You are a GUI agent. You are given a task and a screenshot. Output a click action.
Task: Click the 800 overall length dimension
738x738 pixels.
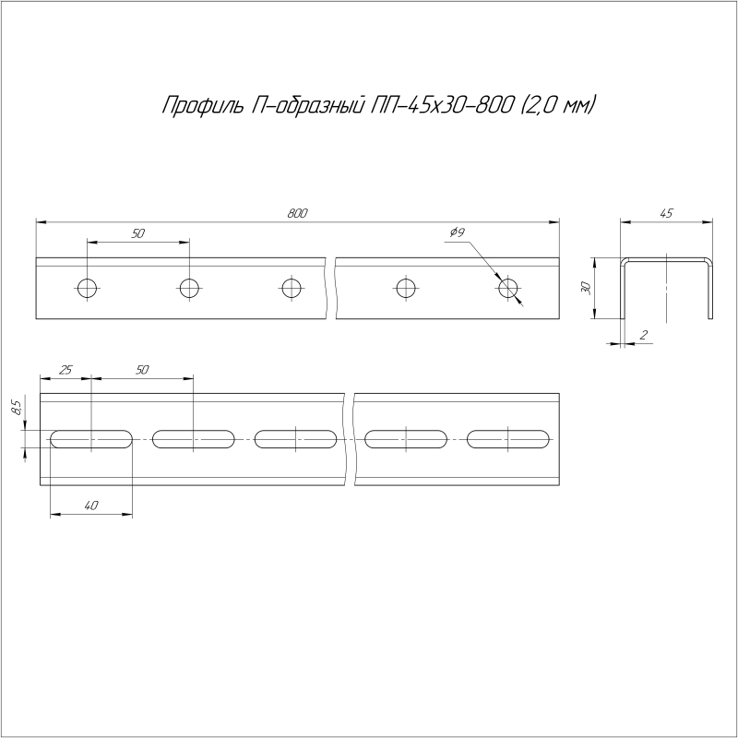296,213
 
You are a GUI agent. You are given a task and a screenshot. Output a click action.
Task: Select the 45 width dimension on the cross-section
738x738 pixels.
667,213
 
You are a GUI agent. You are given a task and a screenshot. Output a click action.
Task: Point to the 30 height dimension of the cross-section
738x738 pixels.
585,288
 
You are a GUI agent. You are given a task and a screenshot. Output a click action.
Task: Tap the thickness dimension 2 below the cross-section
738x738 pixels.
640,335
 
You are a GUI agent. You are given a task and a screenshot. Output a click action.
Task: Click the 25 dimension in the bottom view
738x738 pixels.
65,370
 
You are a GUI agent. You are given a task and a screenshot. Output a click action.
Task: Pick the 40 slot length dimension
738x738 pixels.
90,505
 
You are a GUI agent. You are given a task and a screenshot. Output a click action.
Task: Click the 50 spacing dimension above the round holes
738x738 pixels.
138,234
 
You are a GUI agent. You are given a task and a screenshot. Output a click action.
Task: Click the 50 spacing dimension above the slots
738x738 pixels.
142,370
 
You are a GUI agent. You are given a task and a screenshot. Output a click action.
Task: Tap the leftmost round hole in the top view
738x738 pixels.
88,288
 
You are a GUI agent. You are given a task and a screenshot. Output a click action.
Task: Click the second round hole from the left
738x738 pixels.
189,288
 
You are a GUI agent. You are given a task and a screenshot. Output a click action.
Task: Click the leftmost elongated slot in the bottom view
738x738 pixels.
91,439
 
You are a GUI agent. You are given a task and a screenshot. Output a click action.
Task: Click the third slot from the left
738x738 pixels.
295,439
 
